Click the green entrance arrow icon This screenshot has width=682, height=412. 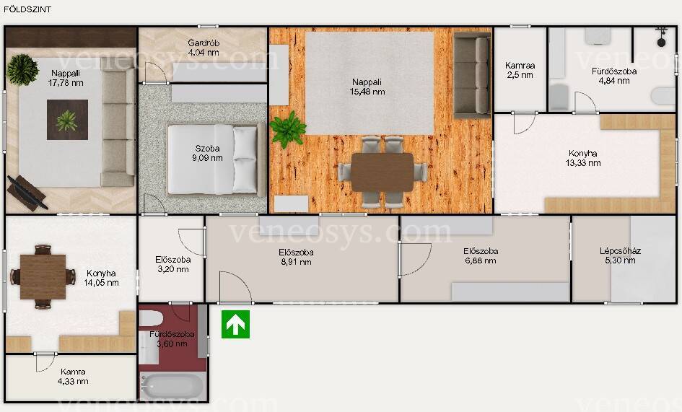click(235, 324)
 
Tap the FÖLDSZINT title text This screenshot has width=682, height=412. click(27, 9)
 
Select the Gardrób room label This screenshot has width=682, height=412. click(204, 43)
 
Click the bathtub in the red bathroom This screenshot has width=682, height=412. click(172, 386)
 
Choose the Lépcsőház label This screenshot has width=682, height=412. click(620, 251)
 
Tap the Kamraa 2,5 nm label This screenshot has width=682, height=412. click(520, 70)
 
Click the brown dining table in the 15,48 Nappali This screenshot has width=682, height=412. click(382, 172)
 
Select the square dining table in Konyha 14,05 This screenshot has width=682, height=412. click(43, 276)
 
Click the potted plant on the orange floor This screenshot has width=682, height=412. click(287, 128)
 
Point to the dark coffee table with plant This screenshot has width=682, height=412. click(67, 120)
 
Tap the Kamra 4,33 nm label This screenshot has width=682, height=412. click(73, 377)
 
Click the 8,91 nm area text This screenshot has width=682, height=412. click(296, 262)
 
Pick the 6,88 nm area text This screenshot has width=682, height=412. click(481, 260)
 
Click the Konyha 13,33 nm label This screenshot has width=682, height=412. click(583, 158)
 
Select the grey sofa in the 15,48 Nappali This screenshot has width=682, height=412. click(472, 75)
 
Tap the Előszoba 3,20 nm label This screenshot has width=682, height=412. click(173, 265)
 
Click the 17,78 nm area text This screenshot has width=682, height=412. click(66, 83)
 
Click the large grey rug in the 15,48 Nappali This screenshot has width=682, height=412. click(370, 83)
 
